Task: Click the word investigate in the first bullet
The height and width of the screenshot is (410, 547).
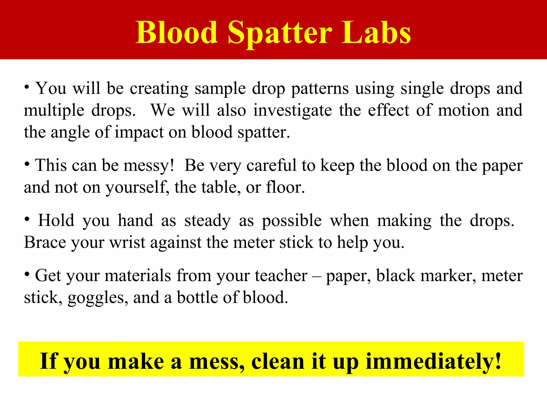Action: (x=292, y=110)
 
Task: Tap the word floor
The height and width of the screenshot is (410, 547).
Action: (x=285, y=187)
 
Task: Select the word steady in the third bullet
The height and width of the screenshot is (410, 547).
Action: (x=207, y=221)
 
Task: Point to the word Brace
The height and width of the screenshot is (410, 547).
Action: (x=45, y=243)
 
